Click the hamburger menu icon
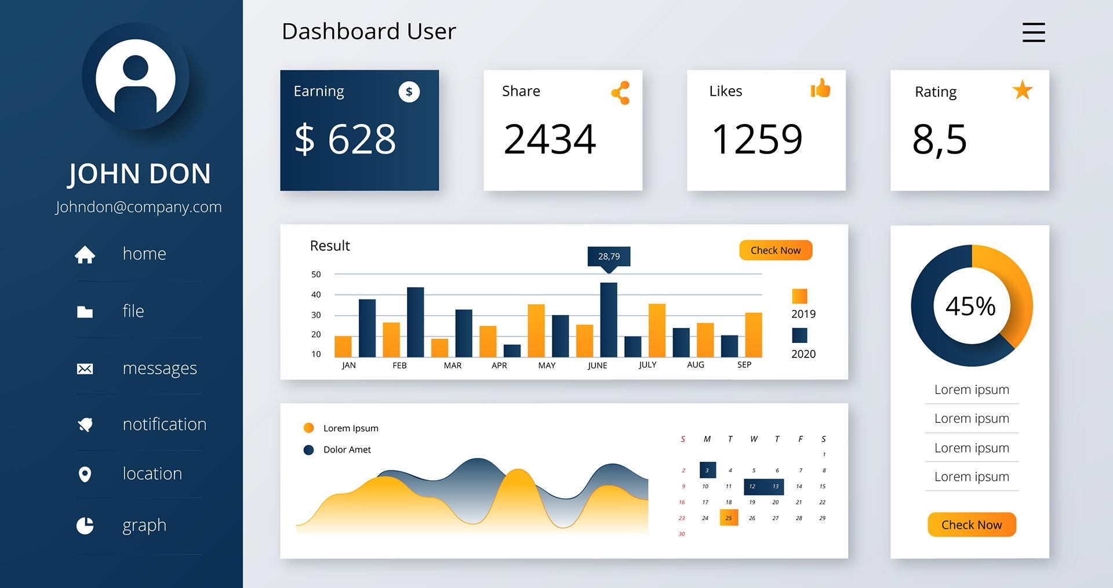1033,32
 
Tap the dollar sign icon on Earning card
409,92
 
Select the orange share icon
620,93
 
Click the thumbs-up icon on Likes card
820,89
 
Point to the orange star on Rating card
1022,90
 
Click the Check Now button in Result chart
775,250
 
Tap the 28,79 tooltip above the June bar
609,256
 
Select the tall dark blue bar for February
415,322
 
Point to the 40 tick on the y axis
316,294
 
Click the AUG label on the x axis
695,365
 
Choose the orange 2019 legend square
799,296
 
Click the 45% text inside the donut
971,306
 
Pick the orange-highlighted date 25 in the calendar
729,517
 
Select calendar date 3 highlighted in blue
707,470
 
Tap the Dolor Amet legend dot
308,450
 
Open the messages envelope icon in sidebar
85,369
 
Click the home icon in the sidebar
85,254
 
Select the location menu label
152,474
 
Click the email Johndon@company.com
139,207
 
